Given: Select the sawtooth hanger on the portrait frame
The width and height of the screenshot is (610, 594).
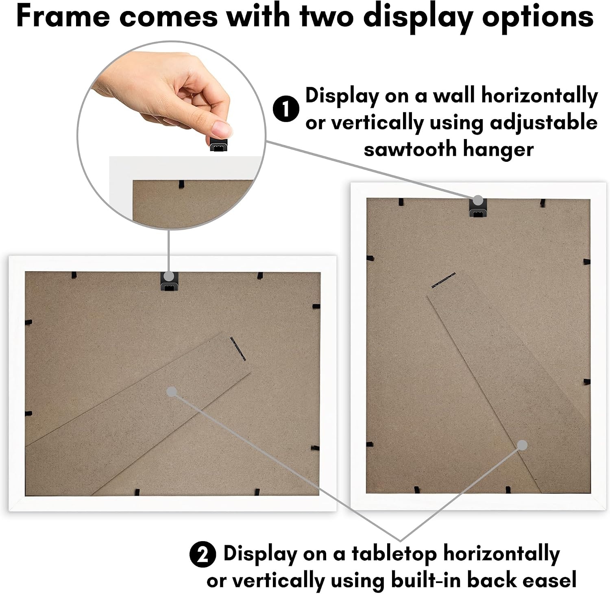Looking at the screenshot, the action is coord(477,207).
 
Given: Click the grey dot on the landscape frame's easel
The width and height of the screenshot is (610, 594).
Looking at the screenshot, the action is coord(172,392).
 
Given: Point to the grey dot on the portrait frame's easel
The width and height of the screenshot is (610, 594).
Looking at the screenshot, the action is coord(523,445).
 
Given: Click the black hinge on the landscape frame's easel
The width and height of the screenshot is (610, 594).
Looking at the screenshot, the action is coord(238,349).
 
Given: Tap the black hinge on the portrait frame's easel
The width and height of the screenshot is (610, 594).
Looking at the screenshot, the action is coord(443,280).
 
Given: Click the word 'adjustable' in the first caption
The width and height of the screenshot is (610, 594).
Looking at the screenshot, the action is coord(544,123).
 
